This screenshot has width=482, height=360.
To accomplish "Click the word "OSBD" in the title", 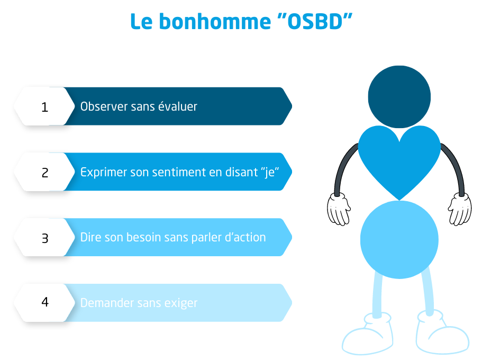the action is point(315,22).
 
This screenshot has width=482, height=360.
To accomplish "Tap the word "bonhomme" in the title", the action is point(215,22).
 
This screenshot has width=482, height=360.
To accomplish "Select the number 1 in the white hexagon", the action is point(45,107).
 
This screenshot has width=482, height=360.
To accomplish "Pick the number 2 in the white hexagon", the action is point(45,173).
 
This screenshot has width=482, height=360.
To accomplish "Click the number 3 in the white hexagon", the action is point(45,238).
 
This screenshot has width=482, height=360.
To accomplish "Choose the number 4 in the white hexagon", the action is point(45,302).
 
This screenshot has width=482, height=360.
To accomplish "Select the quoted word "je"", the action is point(272,173).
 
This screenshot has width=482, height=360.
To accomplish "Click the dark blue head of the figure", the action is point(399,97).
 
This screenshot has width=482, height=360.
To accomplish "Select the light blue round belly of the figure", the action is point(399,240).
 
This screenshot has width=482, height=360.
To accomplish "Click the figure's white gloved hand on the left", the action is point(339,209).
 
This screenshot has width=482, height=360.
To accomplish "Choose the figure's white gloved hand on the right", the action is point(460,209).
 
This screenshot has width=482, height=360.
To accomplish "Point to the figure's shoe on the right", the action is point(442,333).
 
